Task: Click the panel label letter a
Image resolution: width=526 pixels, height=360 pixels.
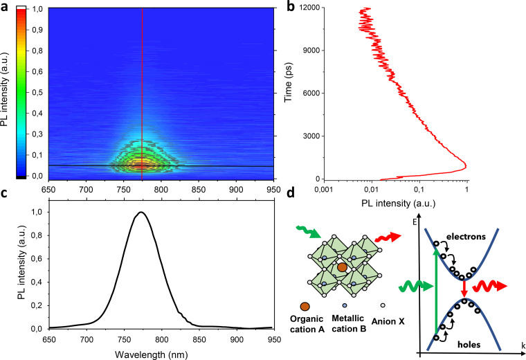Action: tap(4, 7)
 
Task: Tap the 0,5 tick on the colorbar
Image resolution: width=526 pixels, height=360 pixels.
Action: tap(37, 92)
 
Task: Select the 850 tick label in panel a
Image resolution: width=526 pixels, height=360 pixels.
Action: tap(199, 190)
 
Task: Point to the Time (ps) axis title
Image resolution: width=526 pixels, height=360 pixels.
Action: tap(288, 82)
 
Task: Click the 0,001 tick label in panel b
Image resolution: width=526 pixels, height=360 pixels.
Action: tap(323, 190)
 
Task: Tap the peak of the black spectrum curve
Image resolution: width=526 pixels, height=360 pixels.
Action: tap(141, 212)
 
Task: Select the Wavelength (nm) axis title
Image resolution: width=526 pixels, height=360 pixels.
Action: tap(152, 354)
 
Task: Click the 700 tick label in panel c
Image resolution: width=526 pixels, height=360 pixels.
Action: tap(87, 339)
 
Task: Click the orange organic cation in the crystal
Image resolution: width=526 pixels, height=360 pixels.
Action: tap(342, 267)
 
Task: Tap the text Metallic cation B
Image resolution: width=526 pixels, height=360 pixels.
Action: tap(349, 323)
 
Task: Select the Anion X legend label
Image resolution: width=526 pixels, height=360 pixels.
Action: tap(388, 321)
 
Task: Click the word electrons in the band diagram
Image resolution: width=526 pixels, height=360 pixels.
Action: tap(466, 237)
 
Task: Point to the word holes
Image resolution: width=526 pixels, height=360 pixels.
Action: tap(469, 344)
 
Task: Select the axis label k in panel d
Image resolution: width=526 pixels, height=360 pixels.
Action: tap(523, 345)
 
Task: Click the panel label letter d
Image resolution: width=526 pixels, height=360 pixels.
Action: tap(291, 192)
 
